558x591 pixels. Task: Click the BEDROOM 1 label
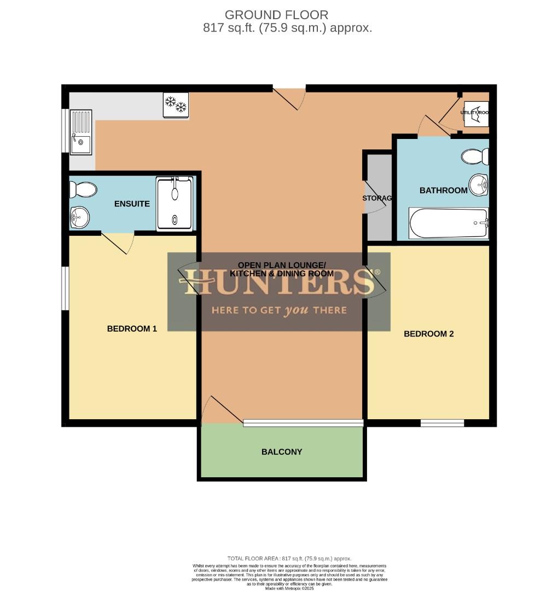tap(132, 329)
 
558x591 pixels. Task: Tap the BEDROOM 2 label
tap(428, 334)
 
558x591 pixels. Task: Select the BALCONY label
tap(282, 452)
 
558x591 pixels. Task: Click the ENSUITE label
tap(132, 204)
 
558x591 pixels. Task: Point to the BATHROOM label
tap(443, 190)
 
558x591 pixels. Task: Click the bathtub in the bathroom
tap(448, 223)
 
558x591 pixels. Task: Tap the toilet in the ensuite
tap(83, 190)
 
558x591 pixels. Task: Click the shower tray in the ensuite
tap(175, 204)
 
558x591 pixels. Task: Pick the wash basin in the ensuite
tap(80, 217)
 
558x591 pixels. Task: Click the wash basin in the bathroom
tap(479, 185)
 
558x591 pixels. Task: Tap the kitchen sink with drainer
tap(81, 132)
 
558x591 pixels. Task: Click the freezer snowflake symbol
tap(176, 105)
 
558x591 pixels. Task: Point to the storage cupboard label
tap(377, 198)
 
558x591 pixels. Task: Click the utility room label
tap(474, 112)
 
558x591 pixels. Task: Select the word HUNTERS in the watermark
tap(279, 283)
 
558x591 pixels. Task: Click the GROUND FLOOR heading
tap(276, 15)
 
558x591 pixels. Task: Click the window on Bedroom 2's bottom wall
tap(442, 422)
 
